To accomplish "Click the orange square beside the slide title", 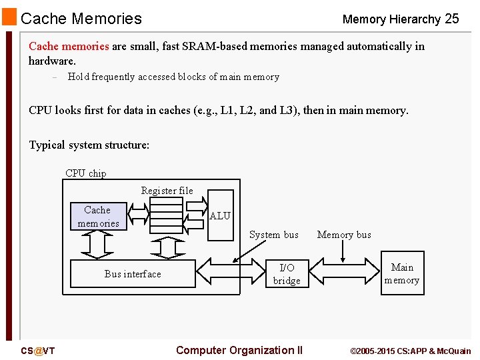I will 9,17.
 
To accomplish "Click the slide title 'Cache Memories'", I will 81,19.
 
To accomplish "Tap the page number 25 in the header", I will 451,19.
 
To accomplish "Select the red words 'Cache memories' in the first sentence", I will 69,47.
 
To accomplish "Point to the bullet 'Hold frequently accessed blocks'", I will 173,77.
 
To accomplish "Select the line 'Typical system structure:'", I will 89,145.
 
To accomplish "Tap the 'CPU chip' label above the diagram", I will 85,173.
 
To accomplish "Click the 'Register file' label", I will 167,191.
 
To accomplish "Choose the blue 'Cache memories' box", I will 98,217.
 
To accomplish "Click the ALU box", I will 220,215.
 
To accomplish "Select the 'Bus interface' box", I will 133,274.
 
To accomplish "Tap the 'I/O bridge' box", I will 287,274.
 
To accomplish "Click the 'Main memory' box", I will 402,273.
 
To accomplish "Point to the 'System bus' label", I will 273,235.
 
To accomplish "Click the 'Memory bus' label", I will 344,235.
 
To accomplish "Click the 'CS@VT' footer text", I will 38,351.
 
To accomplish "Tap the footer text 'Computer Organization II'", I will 239,350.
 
